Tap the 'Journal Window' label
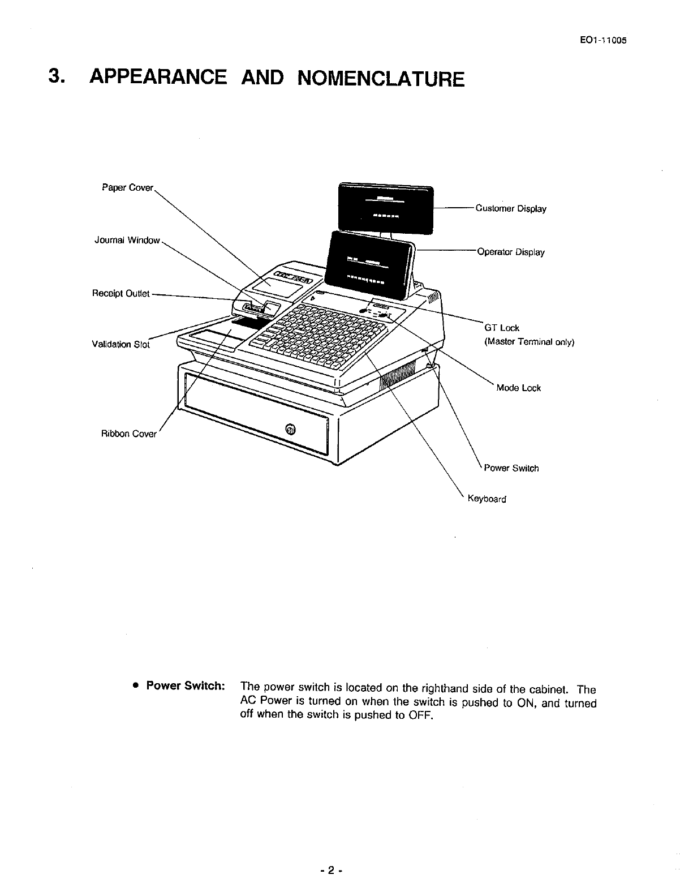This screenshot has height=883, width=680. click(127, 240)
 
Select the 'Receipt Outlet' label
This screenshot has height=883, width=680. click(120, 293)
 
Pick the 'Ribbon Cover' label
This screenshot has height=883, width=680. click(128, 434)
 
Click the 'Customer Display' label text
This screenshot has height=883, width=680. click(511, 209)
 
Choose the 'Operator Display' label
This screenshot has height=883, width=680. click(511, 252)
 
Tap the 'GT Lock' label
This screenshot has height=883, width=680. click(502, 328)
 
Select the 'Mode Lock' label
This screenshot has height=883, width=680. click(518, 388)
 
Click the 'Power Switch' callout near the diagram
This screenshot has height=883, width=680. click(511, 469)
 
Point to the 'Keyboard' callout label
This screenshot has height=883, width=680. click(487, 499)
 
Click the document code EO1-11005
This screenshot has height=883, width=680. click(600, 41)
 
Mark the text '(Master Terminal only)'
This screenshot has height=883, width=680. click(529, 342)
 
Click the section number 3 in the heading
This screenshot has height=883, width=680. click(54, 77)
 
